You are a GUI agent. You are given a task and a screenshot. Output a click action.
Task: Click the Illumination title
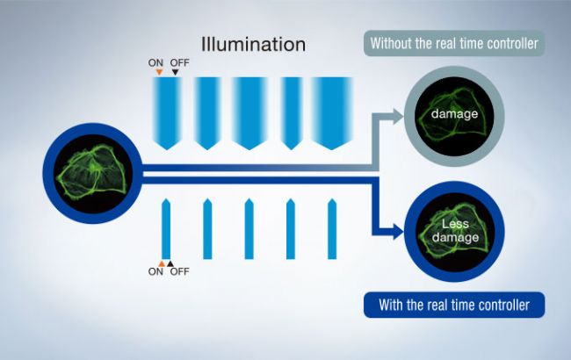coord(253,43)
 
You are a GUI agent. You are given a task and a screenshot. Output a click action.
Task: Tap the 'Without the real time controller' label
coord(454,42)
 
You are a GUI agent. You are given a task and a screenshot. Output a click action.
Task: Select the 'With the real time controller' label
coord(453,306)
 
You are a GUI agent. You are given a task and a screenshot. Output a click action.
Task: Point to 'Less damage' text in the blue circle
coord(454,230)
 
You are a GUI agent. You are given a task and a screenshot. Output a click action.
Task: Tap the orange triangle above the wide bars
coord(159,73)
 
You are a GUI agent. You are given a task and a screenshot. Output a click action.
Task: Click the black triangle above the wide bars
coord(175,73)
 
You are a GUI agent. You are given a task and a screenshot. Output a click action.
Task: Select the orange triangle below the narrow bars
coord(161,263)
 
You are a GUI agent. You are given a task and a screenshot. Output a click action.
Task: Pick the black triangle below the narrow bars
coord(170,263)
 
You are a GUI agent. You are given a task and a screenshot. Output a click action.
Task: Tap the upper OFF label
coord(178,63)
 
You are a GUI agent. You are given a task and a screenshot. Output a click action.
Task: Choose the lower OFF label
coord(178,272)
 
